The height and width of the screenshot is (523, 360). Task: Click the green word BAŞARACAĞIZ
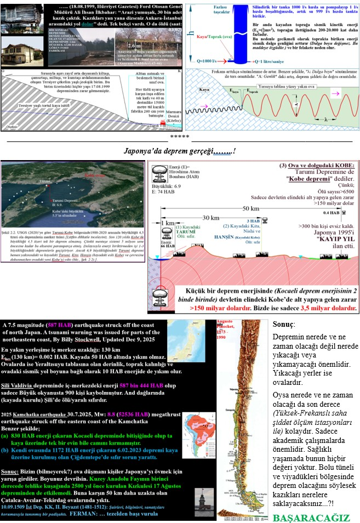click(x=311, y=518)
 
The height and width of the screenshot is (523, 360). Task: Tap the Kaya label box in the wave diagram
click(x=204, y=88)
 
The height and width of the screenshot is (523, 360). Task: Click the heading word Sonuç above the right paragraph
click(x=283, y=325)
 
